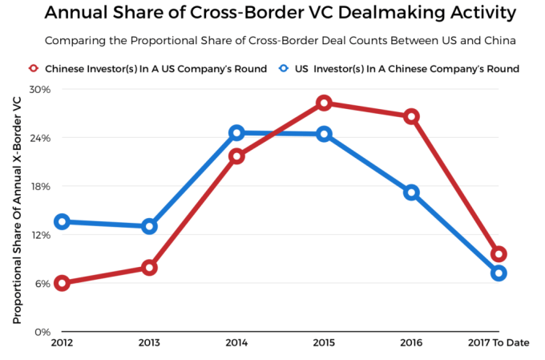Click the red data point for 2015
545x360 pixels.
(x=324, y=103)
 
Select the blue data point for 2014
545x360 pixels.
(x=236, y=133)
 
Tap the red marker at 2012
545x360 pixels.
(x=62, y=283)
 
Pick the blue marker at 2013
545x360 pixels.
(x=149, y=226)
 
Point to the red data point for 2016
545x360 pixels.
(x=411, y=116)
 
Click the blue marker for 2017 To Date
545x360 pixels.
(x=499, y=273)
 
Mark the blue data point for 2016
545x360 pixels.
(x=411, y=192)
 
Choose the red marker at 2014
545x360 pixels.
(x=236, y=156)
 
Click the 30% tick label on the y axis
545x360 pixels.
(x=40, y=89)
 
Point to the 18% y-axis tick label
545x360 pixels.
(x=40, y=186)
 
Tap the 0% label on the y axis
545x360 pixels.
(x=43, y=332)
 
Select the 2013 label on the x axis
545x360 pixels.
(x=149, y=343)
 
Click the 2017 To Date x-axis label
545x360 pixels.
(x=499, y=343)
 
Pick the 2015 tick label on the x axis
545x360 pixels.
(x=324, y=343)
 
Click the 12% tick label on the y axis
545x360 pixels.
(x=40, y=235)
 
